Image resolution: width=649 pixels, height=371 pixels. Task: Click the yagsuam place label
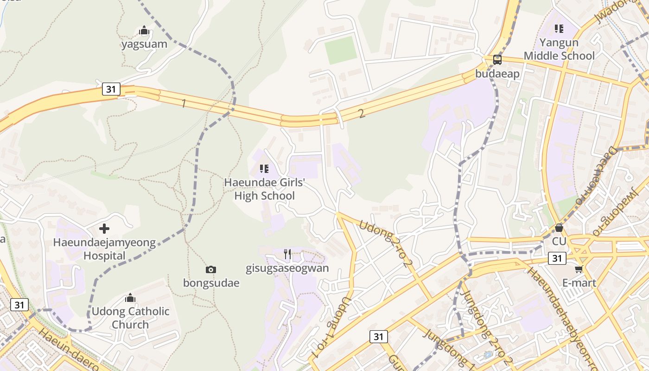144,44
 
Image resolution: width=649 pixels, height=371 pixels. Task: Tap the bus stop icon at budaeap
497,59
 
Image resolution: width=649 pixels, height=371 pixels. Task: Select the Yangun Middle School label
559,49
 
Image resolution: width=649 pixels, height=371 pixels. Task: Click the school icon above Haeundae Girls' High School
264,169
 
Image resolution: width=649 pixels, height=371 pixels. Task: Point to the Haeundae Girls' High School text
264,189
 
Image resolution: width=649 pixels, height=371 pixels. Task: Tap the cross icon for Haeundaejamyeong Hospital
104,229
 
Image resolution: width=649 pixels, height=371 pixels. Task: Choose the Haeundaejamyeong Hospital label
104,249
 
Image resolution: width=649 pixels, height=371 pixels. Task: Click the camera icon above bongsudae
211,269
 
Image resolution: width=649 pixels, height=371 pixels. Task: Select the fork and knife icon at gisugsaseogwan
287,254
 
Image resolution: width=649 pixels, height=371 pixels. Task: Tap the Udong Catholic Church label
130,318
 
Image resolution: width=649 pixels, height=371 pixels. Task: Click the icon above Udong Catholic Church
130,297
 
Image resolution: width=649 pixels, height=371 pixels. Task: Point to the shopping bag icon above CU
559,228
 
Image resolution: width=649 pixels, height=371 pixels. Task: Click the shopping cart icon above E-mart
579,269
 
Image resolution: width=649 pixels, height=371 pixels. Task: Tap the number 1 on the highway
184,103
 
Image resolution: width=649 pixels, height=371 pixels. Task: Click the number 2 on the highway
362,114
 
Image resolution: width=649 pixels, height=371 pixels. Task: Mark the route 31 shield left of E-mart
557,258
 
